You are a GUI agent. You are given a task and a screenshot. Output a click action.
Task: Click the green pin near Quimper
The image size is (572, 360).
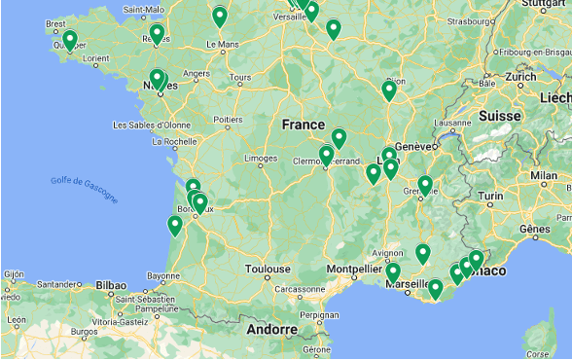[x=70, y=40]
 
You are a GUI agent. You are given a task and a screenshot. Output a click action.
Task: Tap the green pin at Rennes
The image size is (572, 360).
[x=158, y=34]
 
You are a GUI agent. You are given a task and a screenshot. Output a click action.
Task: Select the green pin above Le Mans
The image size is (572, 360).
[x=220, y=16]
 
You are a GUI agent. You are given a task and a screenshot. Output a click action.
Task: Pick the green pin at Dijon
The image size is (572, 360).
[x=389, y=90]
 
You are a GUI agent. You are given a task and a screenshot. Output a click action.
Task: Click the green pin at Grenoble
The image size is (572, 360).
[x=425, y=183]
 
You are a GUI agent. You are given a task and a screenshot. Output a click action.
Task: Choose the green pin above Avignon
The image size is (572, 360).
[x=423, y=253]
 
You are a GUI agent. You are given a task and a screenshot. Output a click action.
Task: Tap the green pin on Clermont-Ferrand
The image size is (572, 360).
[x=327, y=154]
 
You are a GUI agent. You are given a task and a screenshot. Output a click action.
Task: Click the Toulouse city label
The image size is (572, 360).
[x=268, y=268]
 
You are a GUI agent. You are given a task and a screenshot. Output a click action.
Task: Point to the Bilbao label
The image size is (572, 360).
[x=110, y=285]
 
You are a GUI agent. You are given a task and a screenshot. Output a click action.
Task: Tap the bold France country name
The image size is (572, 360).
[x=304, y=125]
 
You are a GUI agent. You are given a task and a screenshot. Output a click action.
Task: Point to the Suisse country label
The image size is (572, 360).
[x=499, y=115]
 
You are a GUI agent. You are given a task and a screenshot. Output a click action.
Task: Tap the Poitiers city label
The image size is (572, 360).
[x=228, y=121]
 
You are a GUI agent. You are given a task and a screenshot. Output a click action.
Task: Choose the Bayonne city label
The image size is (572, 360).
[x=163, y=275]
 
